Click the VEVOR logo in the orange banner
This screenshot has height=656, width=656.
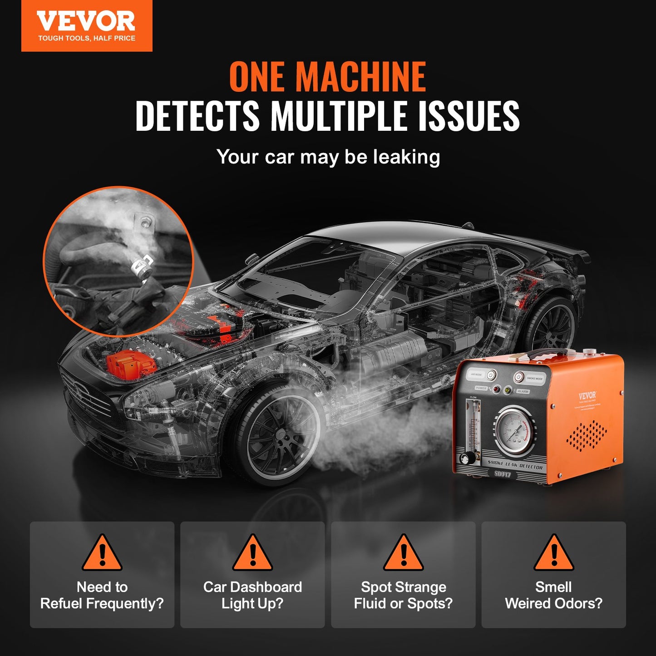point(86,22)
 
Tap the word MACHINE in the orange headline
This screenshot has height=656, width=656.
point(360,77)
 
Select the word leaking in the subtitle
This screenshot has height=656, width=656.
point(406,157)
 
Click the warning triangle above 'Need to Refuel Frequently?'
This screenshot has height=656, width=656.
point(102,553)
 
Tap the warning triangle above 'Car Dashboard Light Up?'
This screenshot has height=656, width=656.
point(252,553)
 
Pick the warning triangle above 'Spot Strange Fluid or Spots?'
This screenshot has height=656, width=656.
point(403,553)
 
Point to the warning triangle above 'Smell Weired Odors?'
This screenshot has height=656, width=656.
point(553,553)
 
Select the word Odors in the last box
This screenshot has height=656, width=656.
point(575,603)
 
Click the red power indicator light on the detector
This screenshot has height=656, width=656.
point(497,389)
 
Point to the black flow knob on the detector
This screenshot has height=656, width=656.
point(464,457)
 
